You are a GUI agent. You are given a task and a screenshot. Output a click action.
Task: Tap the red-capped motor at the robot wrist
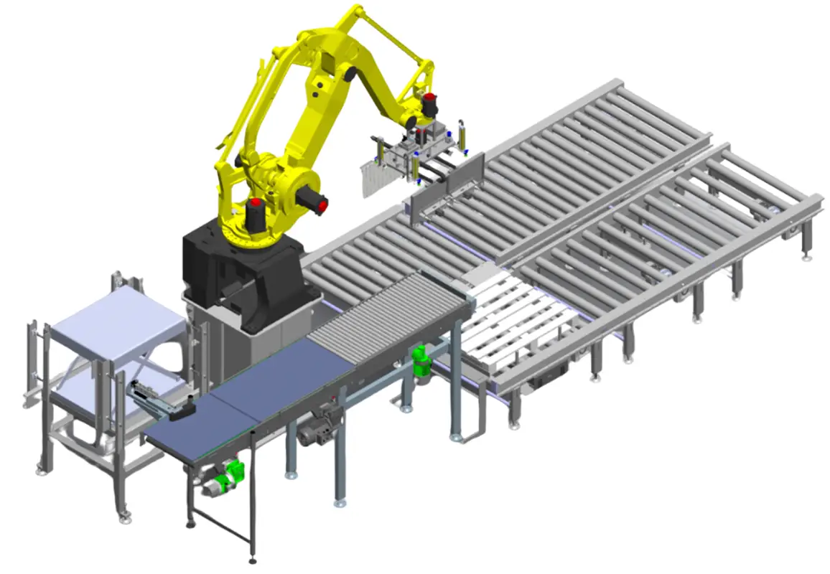430,105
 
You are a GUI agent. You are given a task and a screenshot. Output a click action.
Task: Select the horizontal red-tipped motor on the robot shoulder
313,204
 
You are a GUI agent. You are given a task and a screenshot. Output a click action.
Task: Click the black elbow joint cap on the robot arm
350,75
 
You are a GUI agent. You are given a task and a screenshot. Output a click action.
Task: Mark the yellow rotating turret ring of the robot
251,237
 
